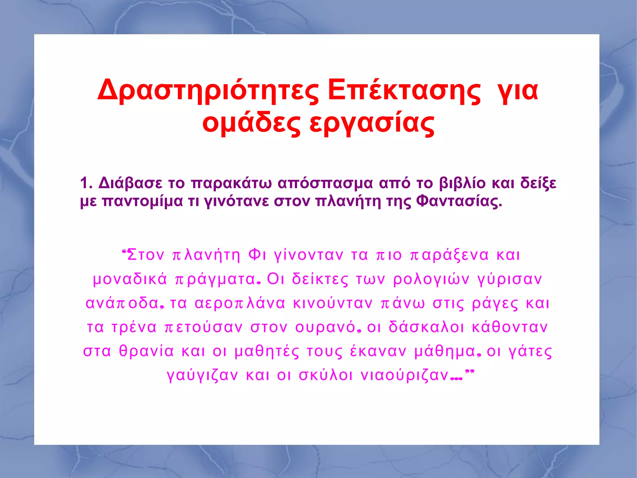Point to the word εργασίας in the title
372,123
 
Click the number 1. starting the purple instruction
86,183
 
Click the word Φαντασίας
459,201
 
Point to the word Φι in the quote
257,255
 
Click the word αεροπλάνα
240,303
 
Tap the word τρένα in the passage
134,327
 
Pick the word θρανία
146,351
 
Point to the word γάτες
530,351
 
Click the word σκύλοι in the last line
326,375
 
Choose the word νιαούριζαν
404,375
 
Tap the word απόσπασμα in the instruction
325,183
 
